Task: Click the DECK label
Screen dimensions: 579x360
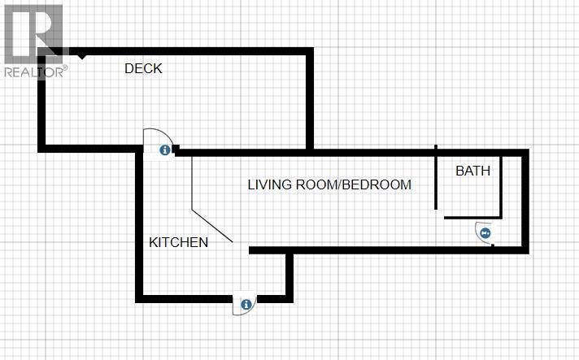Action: click(143, 68)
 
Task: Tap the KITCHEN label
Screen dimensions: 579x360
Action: click(178, 242)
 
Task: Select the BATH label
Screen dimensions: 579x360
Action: click(473, 171)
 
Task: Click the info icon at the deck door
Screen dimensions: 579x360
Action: click(165, 150)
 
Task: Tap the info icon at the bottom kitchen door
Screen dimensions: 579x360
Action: click(246, 304)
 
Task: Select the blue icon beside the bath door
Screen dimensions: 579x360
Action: click(485, 233)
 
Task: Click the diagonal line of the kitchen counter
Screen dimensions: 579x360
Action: click(212, 226)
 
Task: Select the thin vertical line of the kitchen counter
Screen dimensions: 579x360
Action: click(192, 184)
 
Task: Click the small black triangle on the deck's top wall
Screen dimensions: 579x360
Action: click(82, 56)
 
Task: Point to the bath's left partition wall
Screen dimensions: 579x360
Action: click(436, 177)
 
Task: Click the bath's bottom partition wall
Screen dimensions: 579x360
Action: click(472, 218)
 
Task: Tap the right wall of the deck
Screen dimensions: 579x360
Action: click(310, 100)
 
